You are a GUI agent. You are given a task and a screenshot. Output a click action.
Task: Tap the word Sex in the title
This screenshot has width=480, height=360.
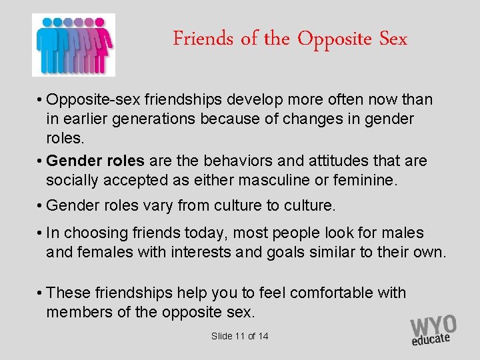click(393, 39)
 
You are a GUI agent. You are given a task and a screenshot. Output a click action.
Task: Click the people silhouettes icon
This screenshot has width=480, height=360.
click(73, 44)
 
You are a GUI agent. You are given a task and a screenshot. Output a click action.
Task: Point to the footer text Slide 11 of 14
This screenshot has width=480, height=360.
click(239, 336)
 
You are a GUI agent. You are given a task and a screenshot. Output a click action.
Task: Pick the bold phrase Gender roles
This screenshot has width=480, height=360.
click(96, 161)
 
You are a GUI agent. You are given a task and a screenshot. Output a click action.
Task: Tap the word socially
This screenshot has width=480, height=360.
click(73, 181)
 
